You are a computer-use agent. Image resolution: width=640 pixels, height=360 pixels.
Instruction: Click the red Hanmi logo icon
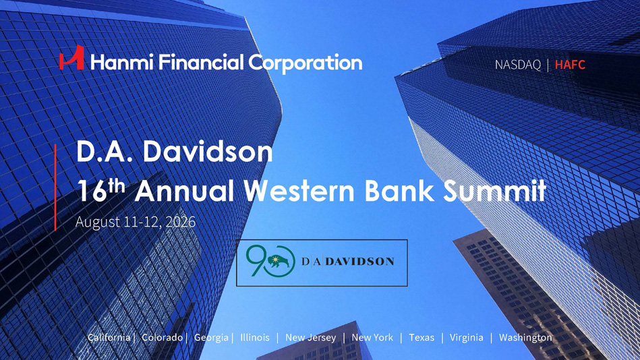click(72, 57)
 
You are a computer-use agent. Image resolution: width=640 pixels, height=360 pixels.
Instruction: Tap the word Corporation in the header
click(306, 63)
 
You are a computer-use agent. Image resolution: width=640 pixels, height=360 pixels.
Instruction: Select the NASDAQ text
click(517, 65)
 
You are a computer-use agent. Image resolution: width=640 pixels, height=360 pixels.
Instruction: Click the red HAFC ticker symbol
click(570, 65)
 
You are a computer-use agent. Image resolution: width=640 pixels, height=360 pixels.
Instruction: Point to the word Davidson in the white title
click(208, 152)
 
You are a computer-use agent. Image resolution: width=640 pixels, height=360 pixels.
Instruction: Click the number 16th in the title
click(100, 190)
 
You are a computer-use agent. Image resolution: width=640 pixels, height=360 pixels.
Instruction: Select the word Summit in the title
click(495, 191)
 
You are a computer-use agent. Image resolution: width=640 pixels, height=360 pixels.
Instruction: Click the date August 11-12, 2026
click(136, 222)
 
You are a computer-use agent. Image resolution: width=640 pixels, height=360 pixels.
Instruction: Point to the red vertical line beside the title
click(55, 187)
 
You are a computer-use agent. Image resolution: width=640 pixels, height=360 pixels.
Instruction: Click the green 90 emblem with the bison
click(270, 261)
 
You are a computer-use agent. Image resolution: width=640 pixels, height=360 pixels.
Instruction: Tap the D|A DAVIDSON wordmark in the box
click(348, 261)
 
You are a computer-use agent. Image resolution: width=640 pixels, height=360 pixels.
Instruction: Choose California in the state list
click(109, 338)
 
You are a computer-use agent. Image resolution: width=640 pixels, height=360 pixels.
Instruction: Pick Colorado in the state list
click(162, 338)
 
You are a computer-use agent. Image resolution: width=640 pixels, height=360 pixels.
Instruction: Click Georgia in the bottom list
click(211, 338)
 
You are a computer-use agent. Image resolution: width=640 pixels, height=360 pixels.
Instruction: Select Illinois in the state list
click(255, 338)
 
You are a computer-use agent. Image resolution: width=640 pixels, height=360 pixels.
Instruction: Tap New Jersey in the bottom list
click(311, 338)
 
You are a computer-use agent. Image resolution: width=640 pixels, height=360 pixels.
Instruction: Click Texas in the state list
click(421, 338)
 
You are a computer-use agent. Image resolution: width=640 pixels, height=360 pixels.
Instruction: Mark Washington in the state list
click(525, 338)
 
